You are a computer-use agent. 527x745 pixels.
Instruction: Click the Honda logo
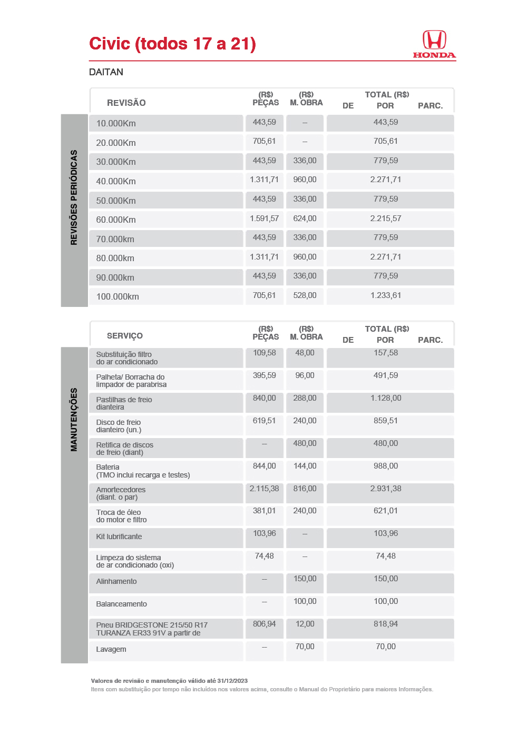[x=434, y=44]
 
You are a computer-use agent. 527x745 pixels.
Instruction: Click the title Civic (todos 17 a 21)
[x=172, y=44]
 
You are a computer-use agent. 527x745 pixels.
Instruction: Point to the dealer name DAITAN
[x=106, y=72]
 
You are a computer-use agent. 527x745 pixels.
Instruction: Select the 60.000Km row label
[x=116, y=220]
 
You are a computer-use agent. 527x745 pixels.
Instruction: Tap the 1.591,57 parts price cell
[x=264, y=218]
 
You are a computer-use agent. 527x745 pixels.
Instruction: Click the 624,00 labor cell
[x=305, y=218]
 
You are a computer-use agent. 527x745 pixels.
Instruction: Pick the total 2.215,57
[x=385, y=218]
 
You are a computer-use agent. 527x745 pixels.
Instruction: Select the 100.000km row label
[x=118, y=296]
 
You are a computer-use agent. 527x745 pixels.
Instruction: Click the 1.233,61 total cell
[x=385, y=295]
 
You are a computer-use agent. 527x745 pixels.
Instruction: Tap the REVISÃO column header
[x=126, y=103]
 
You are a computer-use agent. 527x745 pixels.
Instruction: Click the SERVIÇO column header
[x=125, y=336]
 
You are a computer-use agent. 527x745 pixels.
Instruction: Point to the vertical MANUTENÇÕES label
[x=74, y=420]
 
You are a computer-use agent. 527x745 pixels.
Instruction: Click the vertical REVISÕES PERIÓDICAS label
[x=74, y=197]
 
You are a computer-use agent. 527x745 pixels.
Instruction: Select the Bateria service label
[x=108, y=467]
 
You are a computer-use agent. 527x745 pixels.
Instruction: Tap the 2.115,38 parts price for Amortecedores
[x=264, y=489]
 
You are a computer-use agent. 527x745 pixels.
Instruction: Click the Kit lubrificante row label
[x=119, y=537]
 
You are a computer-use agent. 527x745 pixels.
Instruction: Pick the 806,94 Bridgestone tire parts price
[x=264, y=624]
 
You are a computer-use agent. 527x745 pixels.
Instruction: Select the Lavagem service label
[x=111, y=649]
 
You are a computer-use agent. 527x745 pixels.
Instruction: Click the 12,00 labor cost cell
[x=305, y=624]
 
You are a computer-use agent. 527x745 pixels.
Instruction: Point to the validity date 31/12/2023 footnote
[x=232, y=681]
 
